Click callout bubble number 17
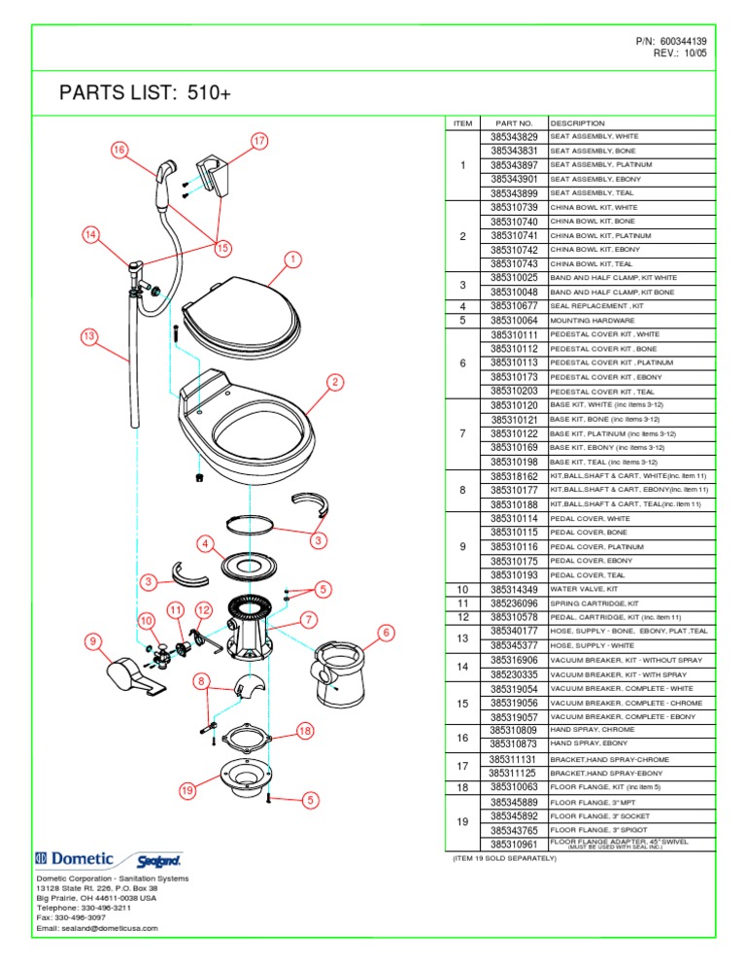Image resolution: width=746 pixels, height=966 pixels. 259,140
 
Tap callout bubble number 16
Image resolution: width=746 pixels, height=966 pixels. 118,151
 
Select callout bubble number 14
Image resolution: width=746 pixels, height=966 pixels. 89,234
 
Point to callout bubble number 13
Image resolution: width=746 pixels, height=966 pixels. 88,335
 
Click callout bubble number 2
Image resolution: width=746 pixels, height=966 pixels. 332,381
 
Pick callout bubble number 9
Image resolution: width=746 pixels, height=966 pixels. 91,640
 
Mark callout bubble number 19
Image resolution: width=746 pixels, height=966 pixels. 187,791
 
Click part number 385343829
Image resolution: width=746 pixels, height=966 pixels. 514,138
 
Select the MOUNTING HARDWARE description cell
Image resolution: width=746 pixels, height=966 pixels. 593,320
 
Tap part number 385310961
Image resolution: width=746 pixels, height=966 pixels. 514,844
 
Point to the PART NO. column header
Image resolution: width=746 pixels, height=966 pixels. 514,123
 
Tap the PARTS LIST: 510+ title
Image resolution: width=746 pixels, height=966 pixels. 146,93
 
